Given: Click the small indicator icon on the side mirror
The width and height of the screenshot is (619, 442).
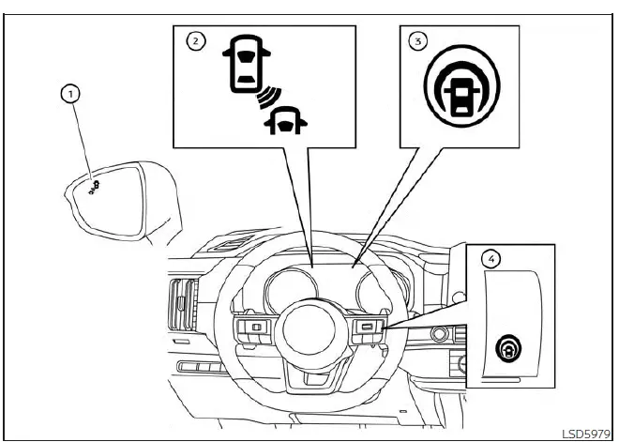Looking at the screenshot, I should (x=92, y=186).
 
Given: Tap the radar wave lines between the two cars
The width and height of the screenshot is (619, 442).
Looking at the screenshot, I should (x=266, y=98).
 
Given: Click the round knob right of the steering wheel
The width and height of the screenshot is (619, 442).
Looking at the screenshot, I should (x=437, y=333).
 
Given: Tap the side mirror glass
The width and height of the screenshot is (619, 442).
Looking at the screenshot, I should (x=113, y=197).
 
